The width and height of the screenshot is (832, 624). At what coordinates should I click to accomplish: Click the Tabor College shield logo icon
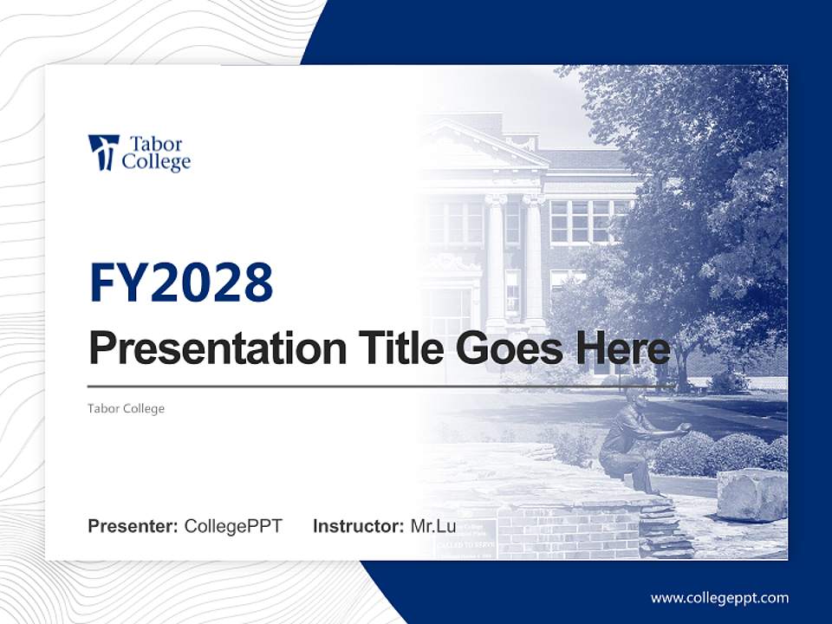[103, 153]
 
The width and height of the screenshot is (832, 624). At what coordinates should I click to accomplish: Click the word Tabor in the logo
[155, 144]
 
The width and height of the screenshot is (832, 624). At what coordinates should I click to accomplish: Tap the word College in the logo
[156, 162]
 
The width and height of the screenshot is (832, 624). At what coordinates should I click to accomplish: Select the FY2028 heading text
[181, 283]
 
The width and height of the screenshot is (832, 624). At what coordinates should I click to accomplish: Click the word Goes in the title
[505, 348]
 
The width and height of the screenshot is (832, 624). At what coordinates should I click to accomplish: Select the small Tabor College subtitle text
[126, 408]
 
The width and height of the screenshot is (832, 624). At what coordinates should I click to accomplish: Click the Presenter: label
[133, 526]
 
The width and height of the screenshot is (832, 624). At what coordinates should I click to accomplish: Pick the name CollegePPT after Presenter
[233, 526]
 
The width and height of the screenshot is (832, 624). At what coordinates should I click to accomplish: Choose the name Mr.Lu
[433, 526]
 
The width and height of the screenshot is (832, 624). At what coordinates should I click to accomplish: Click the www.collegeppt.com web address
[719, 598]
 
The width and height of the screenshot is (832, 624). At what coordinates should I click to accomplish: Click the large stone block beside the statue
[751, 495]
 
